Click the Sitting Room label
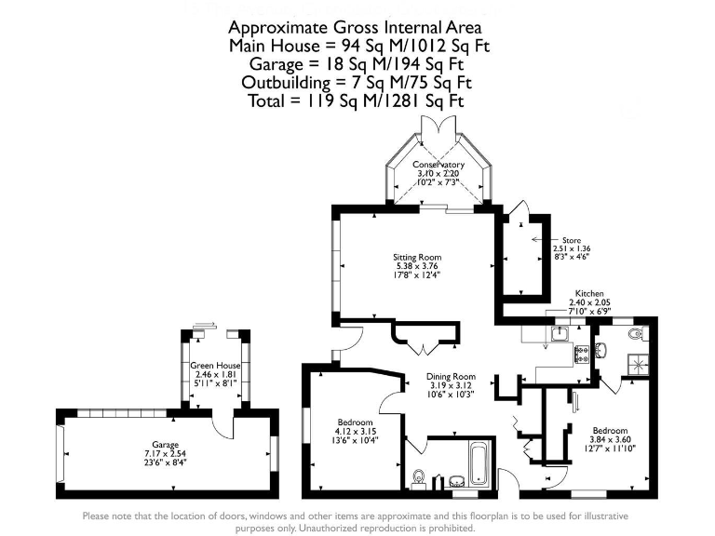tap(416, 257)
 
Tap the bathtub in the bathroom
tap(478, 461)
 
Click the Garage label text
tap(166, 445)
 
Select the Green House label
tap(214, 366)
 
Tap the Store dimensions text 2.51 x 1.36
tap(572, 249)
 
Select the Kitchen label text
tap(590, 292)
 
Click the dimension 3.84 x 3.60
tap(610, 439)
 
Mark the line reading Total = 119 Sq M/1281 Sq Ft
tap(357, 101)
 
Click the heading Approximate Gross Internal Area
tap(357, 27)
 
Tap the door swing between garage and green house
tap(221, 423)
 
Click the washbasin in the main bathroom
tap(456, 481)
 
